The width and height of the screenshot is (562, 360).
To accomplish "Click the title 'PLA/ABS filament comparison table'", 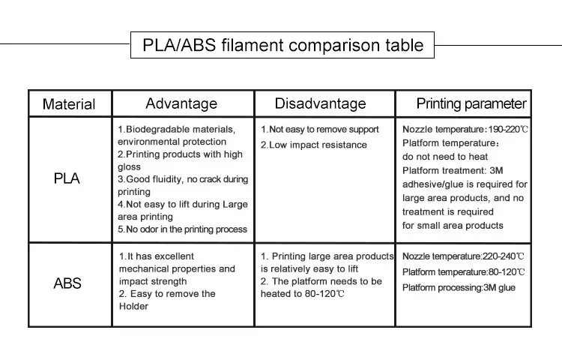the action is click(282, 45).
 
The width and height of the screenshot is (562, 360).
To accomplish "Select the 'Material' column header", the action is click(68, 104).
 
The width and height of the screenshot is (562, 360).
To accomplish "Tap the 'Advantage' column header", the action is click(181, 103).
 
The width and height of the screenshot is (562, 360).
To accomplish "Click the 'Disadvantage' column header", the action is click(320, 103).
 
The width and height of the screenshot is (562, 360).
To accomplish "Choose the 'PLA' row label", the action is click(67, 179).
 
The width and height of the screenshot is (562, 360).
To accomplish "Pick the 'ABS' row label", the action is click(67, 283).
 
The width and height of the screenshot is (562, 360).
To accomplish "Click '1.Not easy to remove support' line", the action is click(320, 129).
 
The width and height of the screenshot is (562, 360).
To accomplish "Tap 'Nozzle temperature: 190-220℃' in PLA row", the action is click(465, 129).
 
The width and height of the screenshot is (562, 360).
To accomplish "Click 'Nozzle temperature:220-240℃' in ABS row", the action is click(463, 256).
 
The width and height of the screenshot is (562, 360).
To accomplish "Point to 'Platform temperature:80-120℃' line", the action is click(463, 272).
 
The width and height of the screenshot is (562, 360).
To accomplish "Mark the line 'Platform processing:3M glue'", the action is click(459, 287).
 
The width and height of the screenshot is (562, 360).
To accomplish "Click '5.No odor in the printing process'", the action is click(182, 229).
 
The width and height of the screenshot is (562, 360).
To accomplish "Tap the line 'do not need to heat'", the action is click(445, 157).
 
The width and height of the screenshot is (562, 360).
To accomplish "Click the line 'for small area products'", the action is click(453, 225).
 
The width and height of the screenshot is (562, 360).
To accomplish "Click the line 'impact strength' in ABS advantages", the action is click(154, 281).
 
